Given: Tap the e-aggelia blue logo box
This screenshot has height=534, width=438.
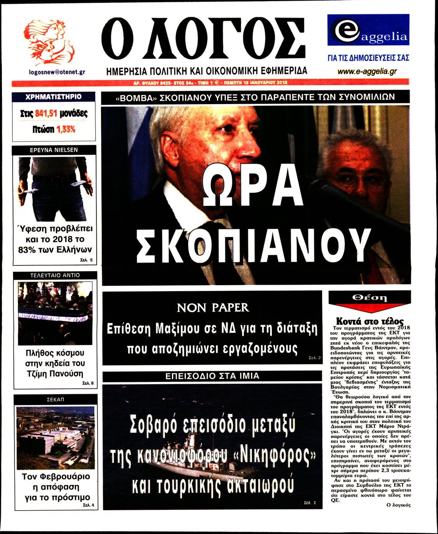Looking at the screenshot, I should click(x=368, y=31).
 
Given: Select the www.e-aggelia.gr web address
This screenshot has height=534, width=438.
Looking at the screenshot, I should click(x=367, y=71).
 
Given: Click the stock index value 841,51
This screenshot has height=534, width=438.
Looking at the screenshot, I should click(x=47, y=113).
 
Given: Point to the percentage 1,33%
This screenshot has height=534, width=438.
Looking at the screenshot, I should click(x=66, y=129).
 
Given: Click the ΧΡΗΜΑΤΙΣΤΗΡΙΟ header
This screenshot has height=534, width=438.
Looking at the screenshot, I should click(x=53, y=97).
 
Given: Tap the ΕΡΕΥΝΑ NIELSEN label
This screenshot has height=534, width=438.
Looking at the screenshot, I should click(x=54, y=150).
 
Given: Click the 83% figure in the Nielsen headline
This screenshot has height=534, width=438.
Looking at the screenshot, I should click(x=26, y=249).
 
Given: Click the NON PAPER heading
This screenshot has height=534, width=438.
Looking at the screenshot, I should click(x=213, y=307).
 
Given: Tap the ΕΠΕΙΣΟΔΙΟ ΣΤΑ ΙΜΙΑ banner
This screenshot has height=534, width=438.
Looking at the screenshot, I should click(x=212, y=376).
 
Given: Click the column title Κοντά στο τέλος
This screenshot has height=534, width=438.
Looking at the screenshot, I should click(x=370, y=321).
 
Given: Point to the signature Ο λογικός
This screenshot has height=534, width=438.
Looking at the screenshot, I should click(x=398, y=505).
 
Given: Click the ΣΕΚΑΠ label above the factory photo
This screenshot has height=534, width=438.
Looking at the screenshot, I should click(x=55, y=400).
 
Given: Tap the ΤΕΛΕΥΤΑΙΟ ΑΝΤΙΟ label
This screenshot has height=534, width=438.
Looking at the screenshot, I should click(x=55, y=275).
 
